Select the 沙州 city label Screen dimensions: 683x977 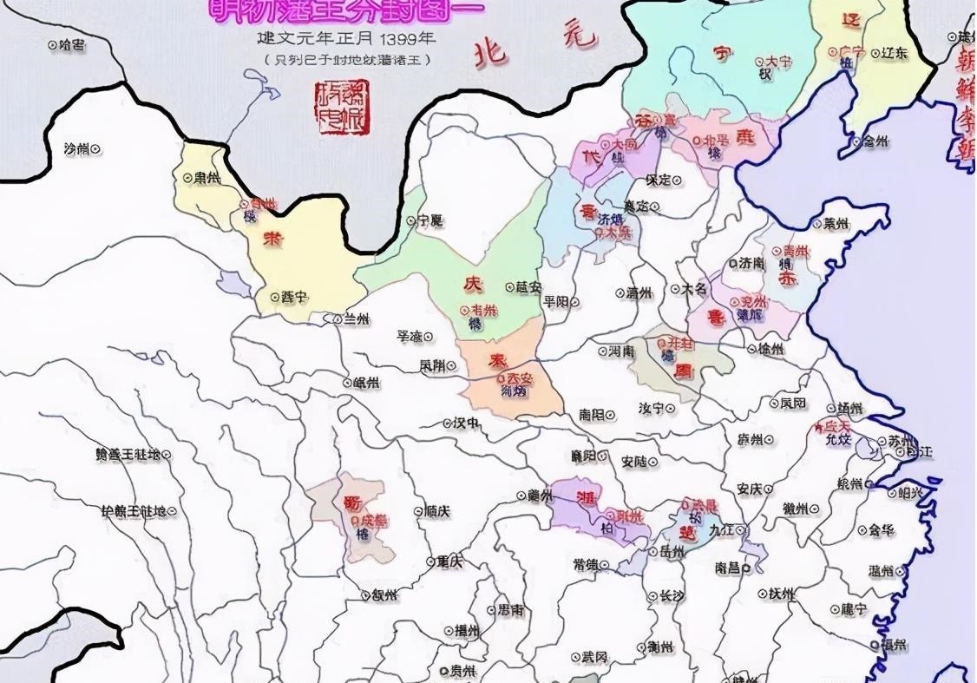[82, 149]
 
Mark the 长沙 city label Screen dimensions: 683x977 [666, 595]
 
